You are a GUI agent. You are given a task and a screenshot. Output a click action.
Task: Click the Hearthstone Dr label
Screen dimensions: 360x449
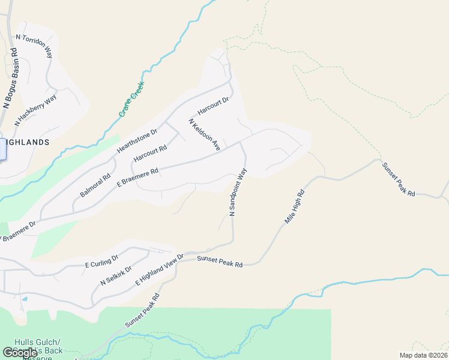tap(137, 140)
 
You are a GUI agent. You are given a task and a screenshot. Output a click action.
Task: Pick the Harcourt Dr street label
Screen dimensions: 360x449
tap(214, 106)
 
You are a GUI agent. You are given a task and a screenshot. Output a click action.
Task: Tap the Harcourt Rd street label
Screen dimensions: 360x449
tap(150, 153)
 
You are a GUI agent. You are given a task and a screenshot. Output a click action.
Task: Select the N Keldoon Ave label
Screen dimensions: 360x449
tap(205, 134)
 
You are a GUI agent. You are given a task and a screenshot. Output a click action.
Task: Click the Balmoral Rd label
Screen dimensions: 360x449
tap(95, 186)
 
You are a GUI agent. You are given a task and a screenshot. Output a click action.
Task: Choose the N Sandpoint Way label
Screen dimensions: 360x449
tap(238, 192)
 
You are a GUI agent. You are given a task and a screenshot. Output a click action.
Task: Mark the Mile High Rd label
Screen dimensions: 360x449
tap(295, 208)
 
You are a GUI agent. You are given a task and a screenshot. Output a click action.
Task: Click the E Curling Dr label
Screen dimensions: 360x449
tap(102, 262)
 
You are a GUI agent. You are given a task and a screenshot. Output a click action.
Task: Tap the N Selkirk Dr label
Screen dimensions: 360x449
tap(116, 274)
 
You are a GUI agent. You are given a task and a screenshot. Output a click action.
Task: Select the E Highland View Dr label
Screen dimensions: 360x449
tap(159, 269)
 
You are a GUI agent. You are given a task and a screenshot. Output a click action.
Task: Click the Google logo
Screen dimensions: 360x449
tap(20, 353)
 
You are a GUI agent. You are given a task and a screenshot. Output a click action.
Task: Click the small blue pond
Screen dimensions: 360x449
tap(25, 298)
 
